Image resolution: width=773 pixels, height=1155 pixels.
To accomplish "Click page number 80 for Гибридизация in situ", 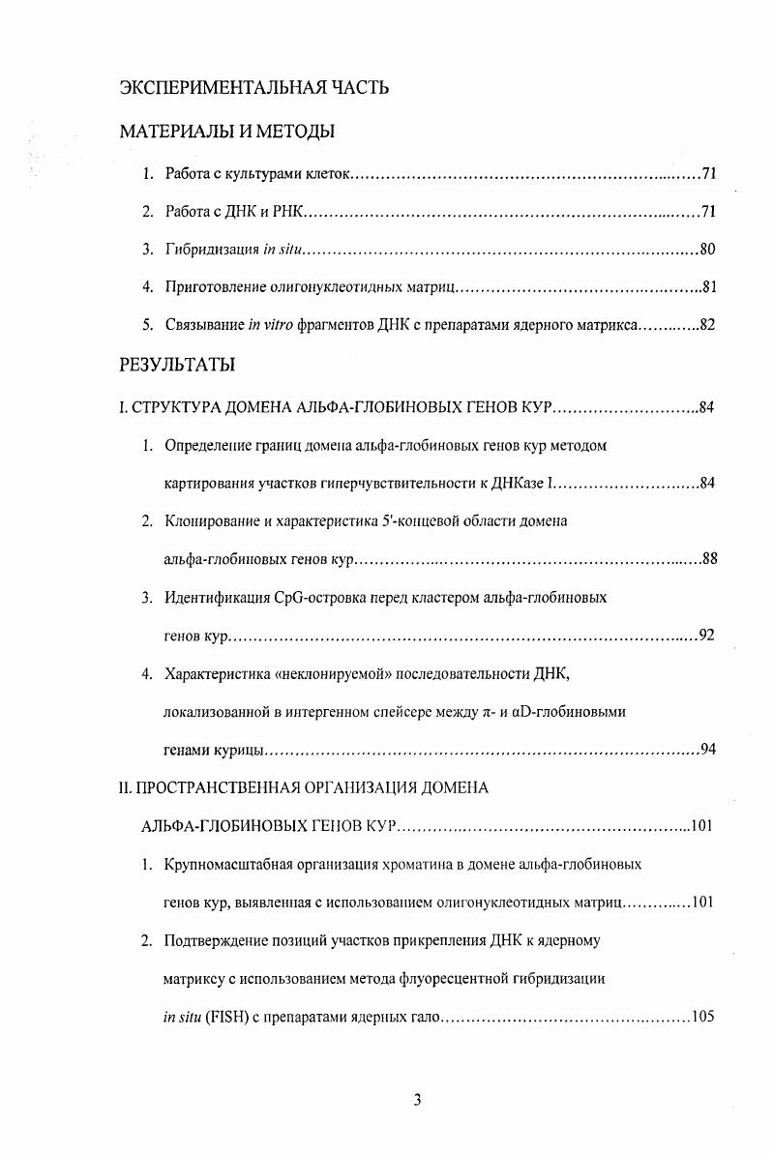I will (x=706, y=250).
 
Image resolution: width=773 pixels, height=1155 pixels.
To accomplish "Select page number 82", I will (x=706, y=325).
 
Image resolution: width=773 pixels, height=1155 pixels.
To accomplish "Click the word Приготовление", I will (x=211, y=287).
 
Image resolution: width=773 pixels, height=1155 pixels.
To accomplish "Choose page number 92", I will (x=706, y=636).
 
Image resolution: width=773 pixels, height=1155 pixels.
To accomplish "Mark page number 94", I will (x=706, y=750).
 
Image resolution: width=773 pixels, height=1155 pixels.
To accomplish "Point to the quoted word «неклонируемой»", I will (x=317, y=673).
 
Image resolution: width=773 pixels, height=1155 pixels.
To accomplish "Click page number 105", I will (x=702, y=1017).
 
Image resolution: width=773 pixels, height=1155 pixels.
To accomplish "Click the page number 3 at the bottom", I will (x=417, y=1100).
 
